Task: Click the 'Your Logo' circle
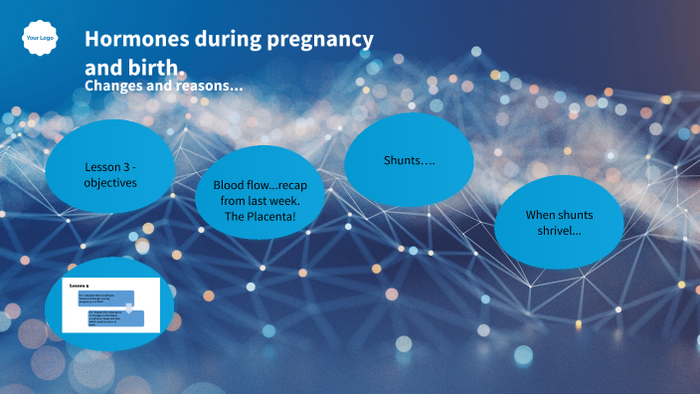pos(39,38)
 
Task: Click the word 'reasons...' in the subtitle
pos(208,87)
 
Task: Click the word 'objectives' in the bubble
pos(110,183)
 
